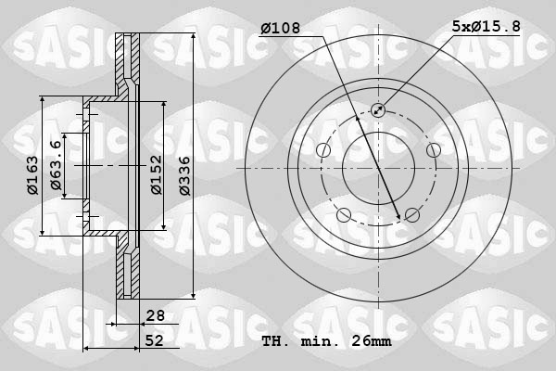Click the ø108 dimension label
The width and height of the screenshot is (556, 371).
point(280,29)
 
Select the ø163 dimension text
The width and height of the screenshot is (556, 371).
point(32,176)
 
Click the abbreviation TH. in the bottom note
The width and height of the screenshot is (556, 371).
point(275,341)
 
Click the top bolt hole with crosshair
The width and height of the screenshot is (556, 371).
point(378,110)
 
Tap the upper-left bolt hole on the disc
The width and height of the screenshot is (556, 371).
point(323,150)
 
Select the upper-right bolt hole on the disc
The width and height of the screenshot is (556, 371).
point(433,150)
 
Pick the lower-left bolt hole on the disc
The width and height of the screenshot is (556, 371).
point(344,215)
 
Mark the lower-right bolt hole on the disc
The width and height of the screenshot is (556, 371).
point(411,215)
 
